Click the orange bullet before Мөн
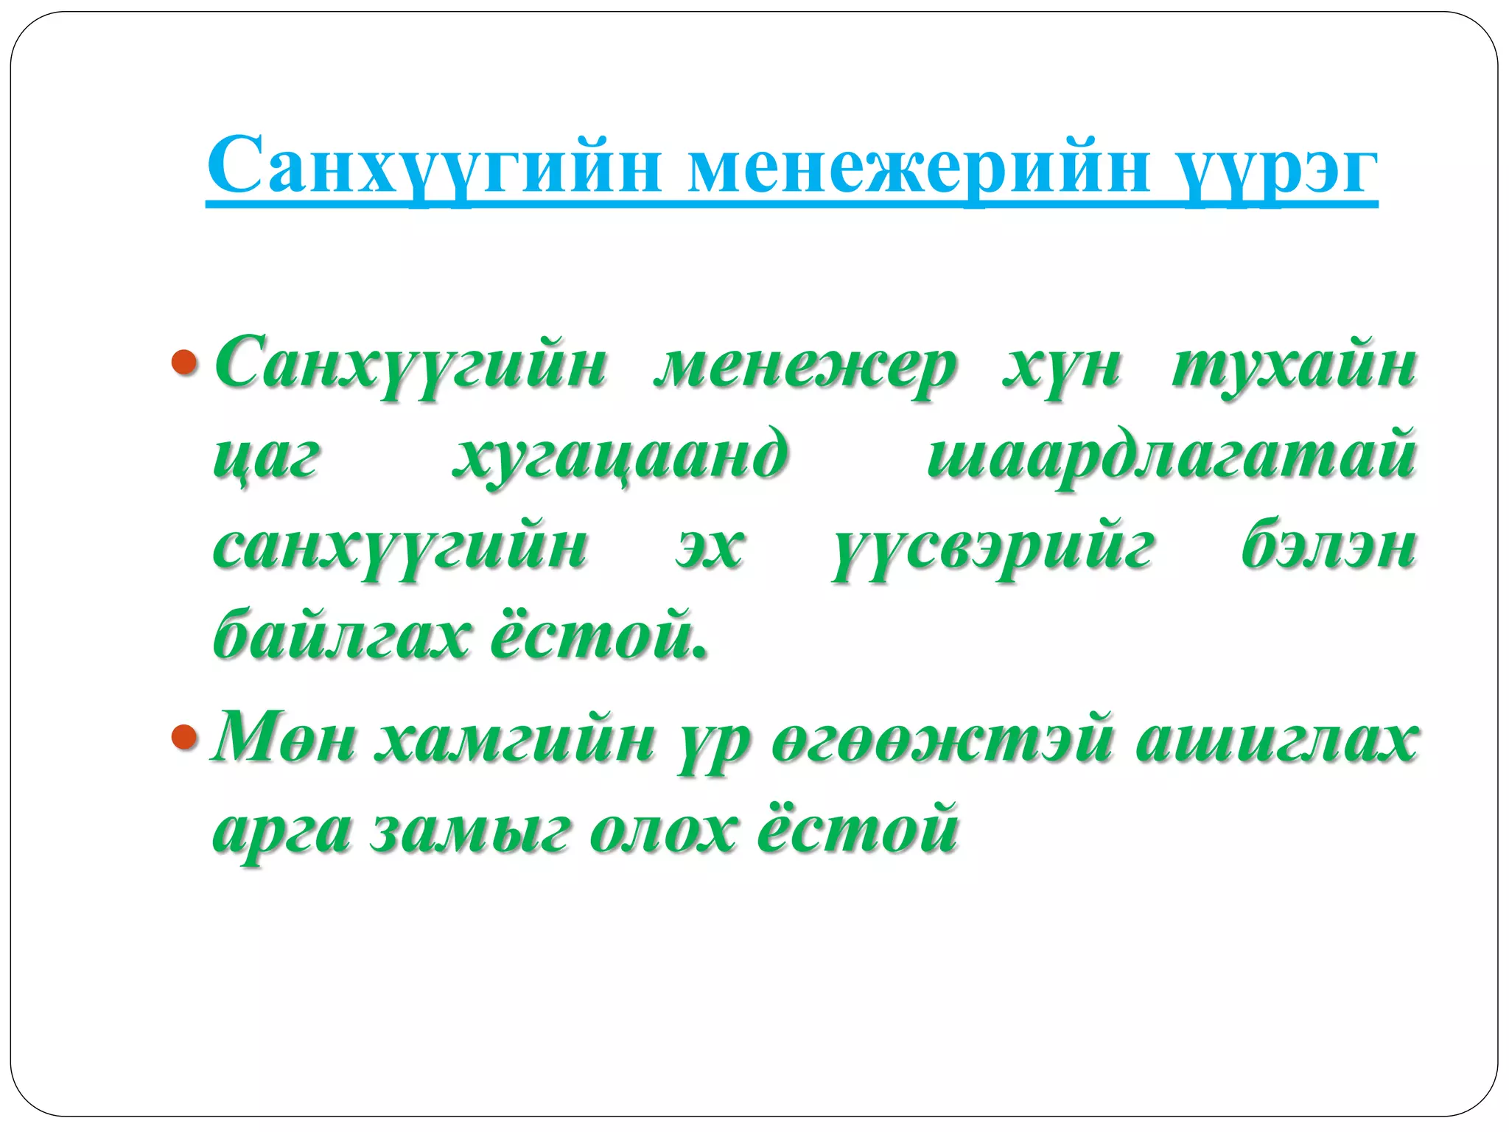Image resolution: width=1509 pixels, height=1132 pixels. (184, 736)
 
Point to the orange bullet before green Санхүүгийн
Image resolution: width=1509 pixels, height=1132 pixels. (184, 362)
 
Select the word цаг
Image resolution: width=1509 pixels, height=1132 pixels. (266, 457)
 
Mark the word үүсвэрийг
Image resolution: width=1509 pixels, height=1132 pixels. (992, 550)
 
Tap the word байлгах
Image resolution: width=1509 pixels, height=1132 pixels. (340, 635)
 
